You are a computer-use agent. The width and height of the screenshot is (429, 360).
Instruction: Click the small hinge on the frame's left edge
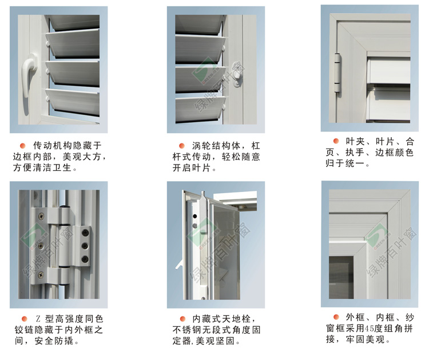[x=338, y=73]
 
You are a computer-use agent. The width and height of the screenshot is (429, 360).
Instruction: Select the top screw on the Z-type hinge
[x=41, y=217]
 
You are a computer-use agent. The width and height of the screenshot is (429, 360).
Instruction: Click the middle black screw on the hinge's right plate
[x=85, y=246]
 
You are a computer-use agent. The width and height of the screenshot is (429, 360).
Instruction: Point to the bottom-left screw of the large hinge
[x=41, y=275]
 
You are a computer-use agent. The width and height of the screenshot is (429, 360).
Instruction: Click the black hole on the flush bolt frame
[x=195, y=217]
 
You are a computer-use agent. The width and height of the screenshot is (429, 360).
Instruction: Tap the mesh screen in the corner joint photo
[x=341, y=277]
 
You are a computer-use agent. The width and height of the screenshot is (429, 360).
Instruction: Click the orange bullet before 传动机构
[x=22, y=145]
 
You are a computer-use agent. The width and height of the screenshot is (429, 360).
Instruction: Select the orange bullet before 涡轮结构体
[x=181, y=146]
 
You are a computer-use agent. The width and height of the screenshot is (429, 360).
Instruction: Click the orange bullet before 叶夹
[x=336, y=141]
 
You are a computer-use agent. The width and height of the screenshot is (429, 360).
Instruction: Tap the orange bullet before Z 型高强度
[x=25, y=319]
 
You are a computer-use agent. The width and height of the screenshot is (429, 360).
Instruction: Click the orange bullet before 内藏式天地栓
[x=182, y=319]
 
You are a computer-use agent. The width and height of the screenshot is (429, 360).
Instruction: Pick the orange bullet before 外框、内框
[x=336, y=317]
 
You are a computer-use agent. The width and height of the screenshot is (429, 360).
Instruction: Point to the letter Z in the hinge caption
[x=38, y=319]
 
